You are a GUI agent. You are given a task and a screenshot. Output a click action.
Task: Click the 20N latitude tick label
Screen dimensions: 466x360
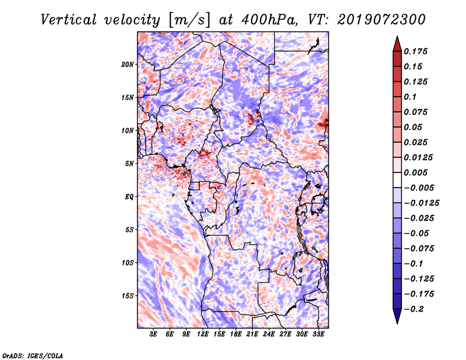pyautogui.click(x=128, y=65)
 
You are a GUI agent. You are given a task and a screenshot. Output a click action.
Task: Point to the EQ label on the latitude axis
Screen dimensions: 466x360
pyautogui.click(x=129, y=197)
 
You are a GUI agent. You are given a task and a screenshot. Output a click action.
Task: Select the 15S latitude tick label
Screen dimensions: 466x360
pyautogui.click(x=128, y=296)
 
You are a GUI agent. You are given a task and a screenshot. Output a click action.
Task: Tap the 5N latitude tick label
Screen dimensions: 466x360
pyautogui.click(x=129, y=164)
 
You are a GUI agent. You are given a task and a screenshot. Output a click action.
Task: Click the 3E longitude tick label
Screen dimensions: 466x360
pyautogui.click(x=153, y=334)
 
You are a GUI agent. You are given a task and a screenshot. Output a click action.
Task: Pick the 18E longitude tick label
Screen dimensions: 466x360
pyautogui.click(x=236, y=334)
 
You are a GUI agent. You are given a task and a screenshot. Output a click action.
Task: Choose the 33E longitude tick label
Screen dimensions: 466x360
pyautogui.click(x=318, y=334)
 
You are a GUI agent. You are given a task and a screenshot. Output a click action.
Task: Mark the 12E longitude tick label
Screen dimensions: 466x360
pyautogui.click(x=203, y=334)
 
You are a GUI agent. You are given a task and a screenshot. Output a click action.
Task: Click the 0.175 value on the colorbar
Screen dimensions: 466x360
pyautogui.click(x=415, y=51)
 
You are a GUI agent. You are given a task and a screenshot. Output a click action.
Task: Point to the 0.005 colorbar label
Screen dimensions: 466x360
pyautogui.click(x=415, y=172)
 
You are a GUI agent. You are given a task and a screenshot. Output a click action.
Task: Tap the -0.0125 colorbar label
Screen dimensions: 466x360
pyautogui.click(x=421, y=203)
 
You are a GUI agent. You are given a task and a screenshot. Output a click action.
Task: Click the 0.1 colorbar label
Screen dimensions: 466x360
pyautogui.click(x=410, y=97)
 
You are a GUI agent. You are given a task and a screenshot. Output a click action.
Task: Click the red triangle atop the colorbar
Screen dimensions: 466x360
pyautogui.click(x=397, y=44)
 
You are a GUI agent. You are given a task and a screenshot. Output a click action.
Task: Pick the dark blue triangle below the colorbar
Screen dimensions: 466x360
pyautogui.click(x=397, y=316)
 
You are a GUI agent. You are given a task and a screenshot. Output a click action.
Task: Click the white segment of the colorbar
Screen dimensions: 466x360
pyautogui.click(x=397, y=180)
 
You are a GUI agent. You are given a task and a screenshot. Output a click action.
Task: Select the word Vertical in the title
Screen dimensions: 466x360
pyautogui.click(x=69, y=20)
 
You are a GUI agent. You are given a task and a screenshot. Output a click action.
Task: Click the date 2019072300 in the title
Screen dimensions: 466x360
pyautogui.click(x=382, y=20)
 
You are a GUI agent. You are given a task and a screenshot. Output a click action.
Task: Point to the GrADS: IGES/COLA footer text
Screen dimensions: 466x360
pyautogui.click(x=33, y=355)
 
